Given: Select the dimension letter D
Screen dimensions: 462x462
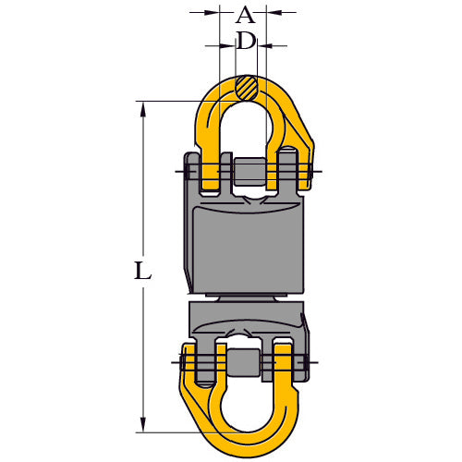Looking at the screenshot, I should pos(245,40).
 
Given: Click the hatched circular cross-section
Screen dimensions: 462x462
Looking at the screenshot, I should pos(245,90).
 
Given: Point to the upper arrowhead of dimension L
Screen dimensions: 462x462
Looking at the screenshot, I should pos(142,106).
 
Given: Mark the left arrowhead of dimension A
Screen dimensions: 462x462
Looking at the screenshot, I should pos(214,12).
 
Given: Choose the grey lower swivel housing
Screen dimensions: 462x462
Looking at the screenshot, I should pos(245,319).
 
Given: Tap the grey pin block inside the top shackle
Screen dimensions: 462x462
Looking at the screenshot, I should pos(248,172).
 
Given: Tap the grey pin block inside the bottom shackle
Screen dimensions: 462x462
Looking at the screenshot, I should pos(246,363).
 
